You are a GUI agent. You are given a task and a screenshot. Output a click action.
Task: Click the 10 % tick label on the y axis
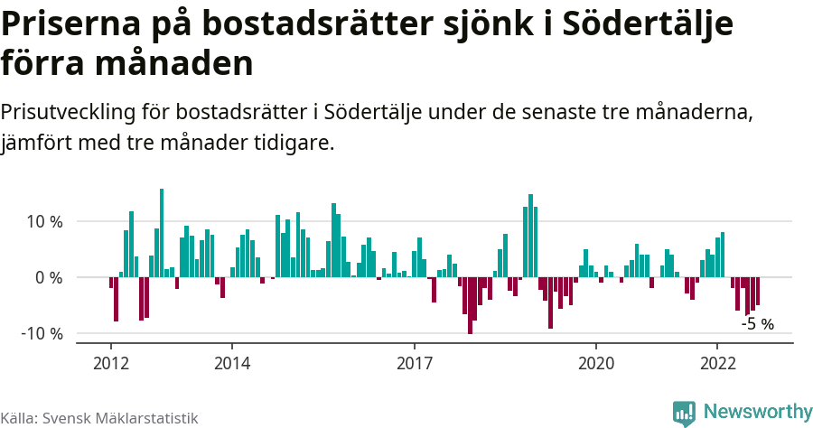pyautogui.click(x=43, y=222)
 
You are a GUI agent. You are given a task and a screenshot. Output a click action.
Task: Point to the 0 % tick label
pyautogui.click(x=49, y=277)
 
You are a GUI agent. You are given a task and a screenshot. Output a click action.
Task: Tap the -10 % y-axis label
pyautogui.click(x=42, y=333)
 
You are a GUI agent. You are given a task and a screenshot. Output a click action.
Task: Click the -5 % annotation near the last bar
pyautogui.click(x=757, y=323)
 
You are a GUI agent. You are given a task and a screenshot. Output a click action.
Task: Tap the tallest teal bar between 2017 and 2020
pyautogui.click(x=530, y=236)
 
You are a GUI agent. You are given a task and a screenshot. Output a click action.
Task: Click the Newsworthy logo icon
pyautogui.click(x=684, y=413)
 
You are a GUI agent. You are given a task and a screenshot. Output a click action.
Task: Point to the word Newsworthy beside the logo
pyautogui.click(x=757, y=413)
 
